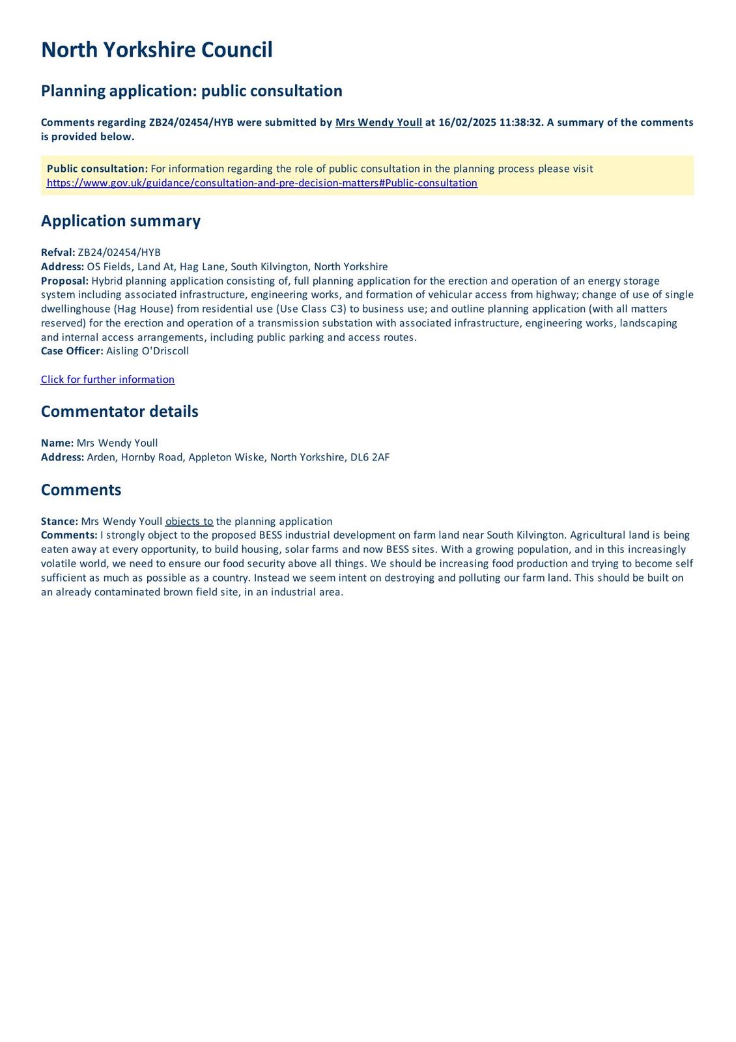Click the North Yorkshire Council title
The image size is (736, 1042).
[156, 50]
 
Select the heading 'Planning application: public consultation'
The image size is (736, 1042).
[191, 91]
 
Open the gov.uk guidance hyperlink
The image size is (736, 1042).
[262, 183]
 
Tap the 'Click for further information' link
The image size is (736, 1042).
[107, 380]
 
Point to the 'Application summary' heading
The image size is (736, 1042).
[120, 221]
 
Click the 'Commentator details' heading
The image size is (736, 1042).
[119, 412]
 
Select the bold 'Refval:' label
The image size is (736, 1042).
[58, 253]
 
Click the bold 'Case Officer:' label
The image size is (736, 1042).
[72, 351]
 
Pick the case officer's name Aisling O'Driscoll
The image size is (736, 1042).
[148, 351]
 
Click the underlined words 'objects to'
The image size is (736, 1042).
[189, 522]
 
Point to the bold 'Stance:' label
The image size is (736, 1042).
[59, 522]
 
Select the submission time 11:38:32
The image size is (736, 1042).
[520, 122]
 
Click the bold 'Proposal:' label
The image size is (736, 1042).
[64, 281]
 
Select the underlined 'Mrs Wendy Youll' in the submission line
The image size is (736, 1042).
[378, 122]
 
